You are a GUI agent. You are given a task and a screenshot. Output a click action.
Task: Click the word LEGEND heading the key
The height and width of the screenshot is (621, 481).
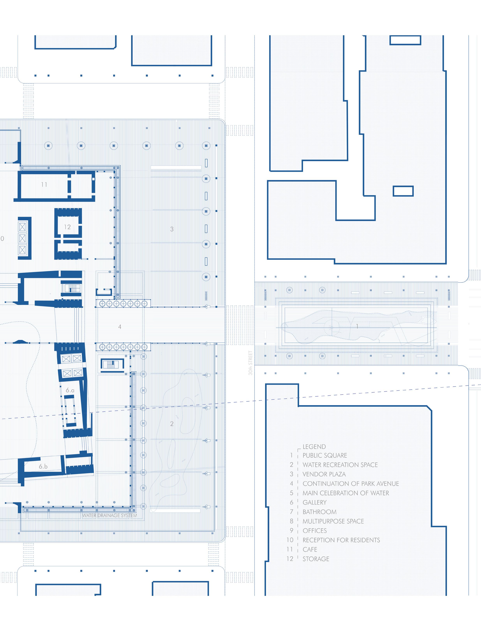point(314,447)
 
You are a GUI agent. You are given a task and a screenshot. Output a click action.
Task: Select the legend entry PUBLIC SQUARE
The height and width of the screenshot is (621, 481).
point(325,456)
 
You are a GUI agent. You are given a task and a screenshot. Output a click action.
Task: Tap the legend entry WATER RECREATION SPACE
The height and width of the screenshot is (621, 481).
point(340,465)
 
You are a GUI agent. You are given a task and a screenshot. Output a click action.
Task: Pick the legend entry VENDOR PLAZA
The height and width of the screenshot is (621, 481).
point(324,474)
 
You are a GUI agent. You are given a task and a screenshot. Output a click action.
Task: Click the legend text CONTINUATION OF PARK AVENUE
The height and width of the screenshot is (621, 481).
point(351,484)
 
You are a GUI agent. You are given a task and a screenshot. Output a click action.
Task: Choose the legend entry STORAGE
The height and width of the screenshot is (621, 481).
point(316,559)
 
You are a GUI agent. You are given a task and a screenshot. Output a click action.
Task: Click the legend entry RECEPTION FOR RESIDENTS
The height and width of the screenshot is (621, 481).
point(341,540)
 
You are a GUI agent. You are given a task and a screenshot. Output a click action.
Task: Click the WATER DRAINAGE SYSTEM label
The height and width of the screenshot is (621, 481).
point(109,515)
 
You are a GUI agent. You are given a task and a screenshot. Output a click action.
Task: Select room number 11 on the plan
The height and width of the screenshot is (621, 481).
point(44,184)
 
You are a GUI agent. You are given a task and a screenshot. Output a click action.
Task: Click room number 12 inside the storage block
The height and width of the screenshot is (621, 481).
point(67,227)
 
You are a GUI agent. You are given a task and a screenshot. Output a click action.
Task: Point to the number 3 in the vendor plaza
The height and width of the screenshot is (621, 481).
point(172,229)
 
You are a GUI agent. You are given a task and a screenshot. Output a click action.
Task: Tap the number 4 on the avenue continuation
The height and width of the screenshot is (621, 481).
point(120,327)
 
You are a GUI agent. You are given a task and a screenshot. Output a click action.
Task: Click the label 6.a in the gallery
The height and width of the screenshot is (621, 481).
point(70,390)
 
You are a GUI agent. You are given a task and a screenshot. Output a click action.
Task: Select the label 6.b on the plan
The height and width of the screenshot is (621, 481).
point(43,466)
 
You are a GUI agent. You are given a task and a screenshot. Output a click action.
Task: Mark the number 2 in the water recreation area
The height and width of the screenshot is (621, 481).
point(172,424)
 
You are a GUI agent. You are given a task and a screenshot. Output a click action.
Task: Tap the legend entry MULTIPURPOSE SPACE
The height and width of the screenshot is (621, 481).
point(333,521)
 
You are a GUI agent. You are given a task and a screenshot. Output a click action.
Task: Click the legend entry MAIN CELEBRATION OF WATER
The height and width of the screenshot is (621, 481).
point(346,493)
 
